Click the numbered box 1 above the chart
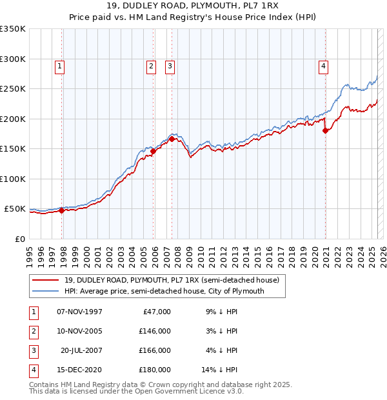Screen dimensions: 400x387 pos(59,65)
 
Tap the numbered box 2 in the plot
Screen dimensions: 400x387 pos(151,65)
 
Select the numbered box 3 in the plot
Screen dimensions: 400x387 pos(170,65)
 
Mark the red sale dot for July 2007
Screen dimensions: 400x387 pos(172,139)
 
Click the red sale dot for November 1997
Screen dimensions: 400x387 pos(62,210)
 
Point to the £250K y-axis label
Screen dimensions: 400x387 pos(13,88)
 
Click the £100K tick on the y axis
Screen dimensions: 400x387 pos(13,179)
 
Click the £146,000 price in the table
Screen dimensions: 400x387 pos(155,332)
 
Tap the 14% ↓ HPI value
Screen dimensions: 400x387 pos(220,370)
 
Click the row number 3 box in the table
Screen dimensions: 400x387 pos(32,351)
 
